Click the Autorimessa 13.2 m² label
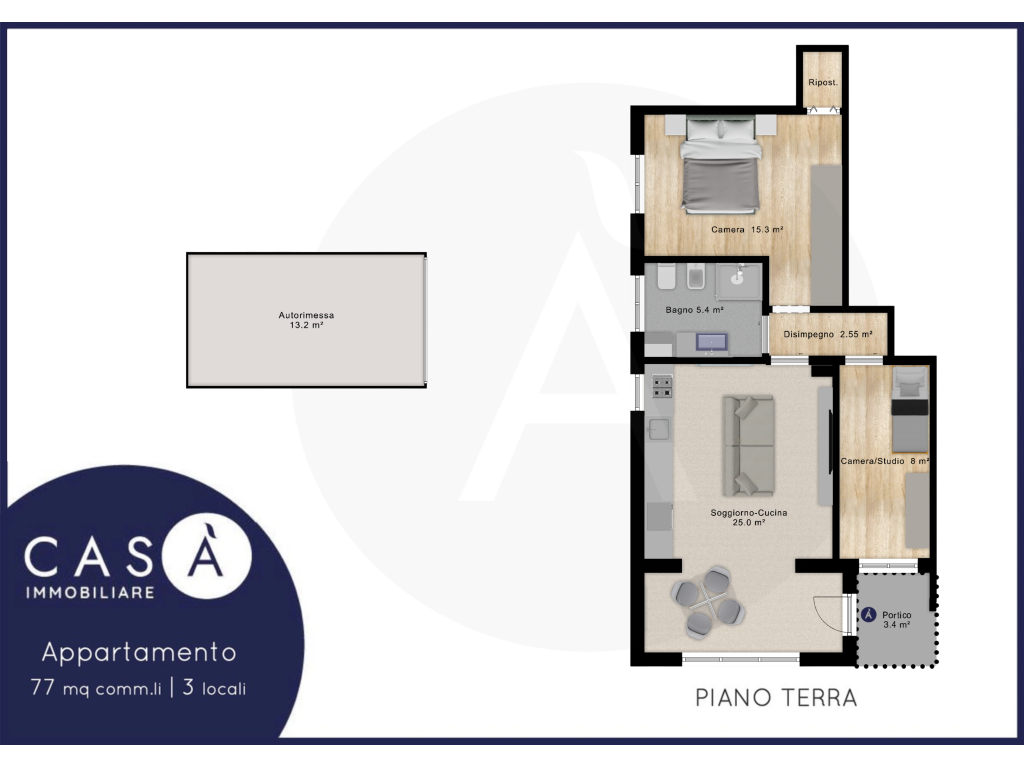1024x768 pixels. pyautogui.click(x=306, y=320)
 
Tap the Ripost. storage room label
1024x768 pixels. pyautogui.click(x=822, y=82)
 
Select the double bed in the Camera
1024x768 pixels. pyautogui.click(x=721, y=165)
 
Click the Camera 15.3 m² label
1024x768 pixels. pyautogui.click(x=747, y=230)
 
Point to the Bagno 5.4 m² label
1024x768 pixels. pyautogui.click(x=694, y=310)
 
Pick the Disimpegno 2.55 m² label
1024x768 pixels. pyautogui.click(x=827, y=334)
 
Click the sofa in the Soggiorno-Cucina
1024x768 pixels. pyautogui.click(x=748, y=445)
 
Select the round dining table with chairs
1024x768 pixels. pyautogui.click(x=708, y=602)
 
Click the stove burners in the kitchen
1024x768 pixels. pyautogui.click(x=662, y=387)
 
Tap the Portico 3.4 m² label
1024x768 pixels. pyautogui.click(x=897, y=620)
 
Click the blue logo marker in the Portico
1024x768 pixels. pyautogui.click(x=869, y=615)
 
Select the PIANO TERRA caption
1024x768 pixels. pyautogui.click(x=776, y=697)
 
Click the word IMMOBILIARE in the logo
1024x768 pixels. pyautogui.click(x=90, y=592)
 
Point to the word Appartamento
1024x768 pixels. pyautogui.click(x=139, y=652)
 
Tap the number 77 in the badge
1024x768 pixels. pyautogui.click(x=42, y=687)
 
